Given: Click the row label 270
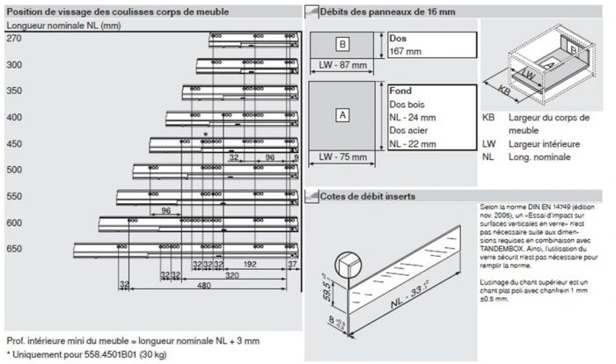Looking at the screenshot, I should [13, 40].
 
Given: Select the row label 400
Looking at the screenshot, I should [14, 118].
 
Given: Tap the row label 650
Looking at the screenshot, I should [14, 250].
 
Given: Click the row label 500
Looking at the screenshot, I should [14, 171].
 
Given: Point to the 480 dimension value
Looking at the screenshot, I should [203, 286].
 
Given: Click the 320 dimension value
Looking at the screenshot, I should [231, 274].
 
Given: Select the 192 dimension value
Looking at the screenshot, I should [250, 263].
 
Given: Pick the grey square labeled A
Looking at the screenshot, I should [343, 113].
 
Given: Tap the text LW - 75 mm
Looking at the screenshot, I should [343, 157].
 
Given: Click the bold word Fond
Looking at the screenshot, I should [401, 90].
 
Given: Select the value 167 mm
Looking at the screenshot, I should [406, 52].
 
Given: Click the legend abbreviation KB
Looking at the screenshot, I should [488, 117].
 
